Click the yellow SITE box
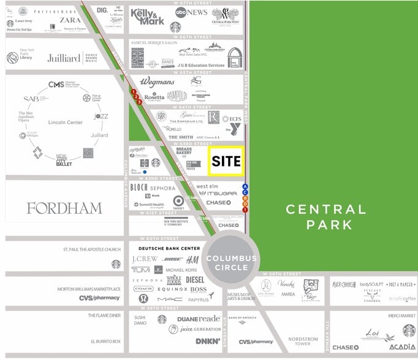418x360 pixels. click(x=226, y=161)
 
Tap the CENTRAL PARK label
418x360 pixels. click(x=327, y=217)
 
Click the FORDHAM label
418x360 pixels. click(x=64, y=208)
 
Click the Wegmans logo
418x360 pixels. click(x=157, y=81)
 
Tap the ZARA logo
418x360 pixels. click(x=70, y=20)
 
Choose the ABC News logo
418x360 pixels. click(x=191, y=12)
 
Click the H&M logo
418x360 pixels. click(x=192, y=260)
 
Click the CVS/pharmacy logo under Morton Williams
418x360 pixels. click(x=99, y=298)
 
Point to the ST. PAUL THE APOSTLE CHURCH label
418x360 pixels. click(x=92, y=250)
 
